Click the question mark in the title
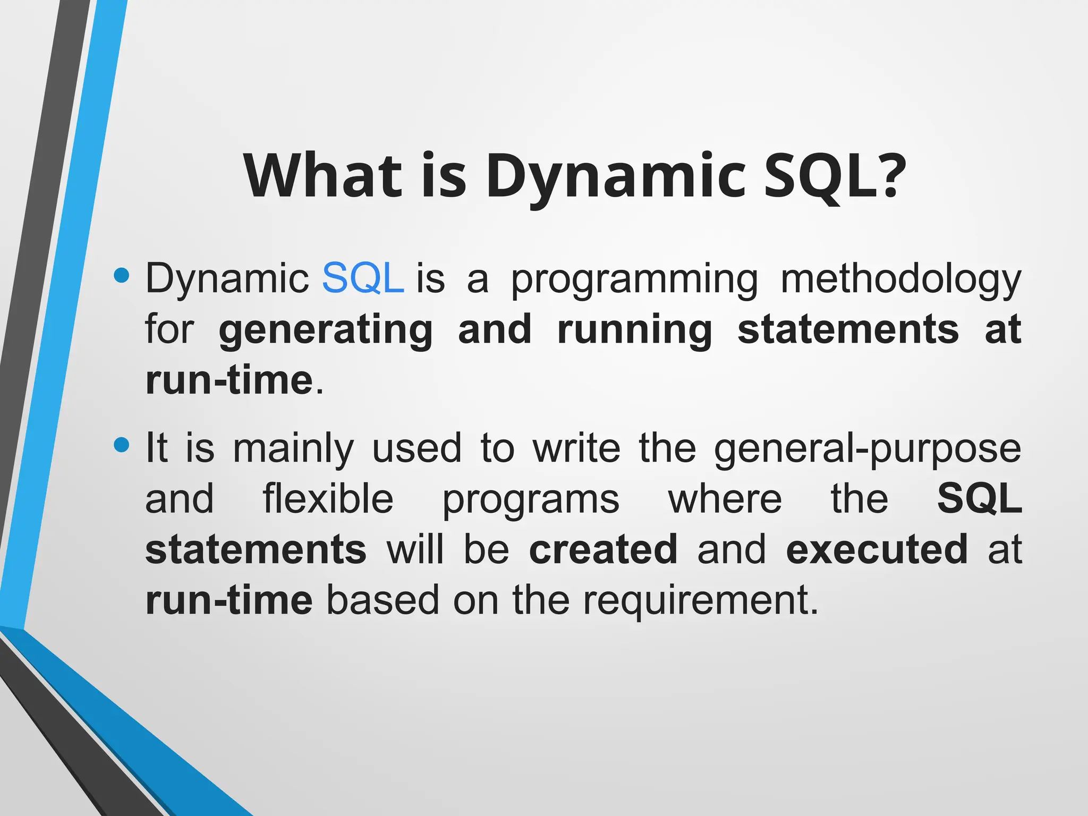[885, 175]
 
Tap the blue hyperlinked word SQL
[363, 278]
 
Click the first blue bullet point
[122, 275]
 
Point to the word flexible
[328, 498]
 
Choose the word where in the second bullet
[725, 498]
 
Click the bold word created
[603, 549]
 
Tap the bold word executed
[877, 549]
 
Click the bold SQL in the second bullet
[979, 498]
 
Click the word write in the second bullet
[576, 448]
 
